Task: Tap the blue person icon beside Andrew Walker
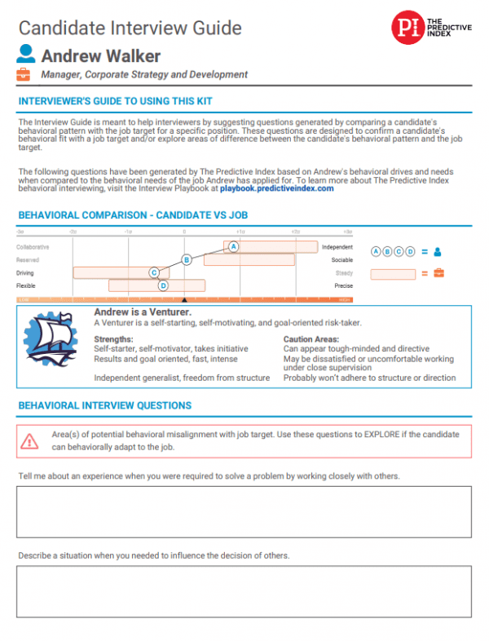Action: point(26,55)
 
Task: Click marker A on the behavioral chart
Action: point(233,246)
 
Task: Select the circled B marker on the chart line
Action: point(187,259)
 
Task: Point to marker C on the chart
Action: point(154,272)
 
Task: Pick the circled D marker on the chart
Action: point(163,285)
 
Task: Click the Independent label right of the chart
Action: point(337,246)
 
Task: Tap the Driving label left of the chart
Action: point(25,273)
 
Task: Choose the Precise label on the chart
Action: point(343,286)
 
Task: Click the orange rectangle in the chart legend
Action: point(393,274)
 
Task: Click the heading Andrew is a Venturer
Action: point(143,312)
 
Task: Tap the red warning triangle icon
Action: point(30,440)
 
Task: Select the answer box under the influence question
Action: point(244,592)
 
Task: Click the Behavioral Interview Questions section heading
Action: point(104,405)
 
